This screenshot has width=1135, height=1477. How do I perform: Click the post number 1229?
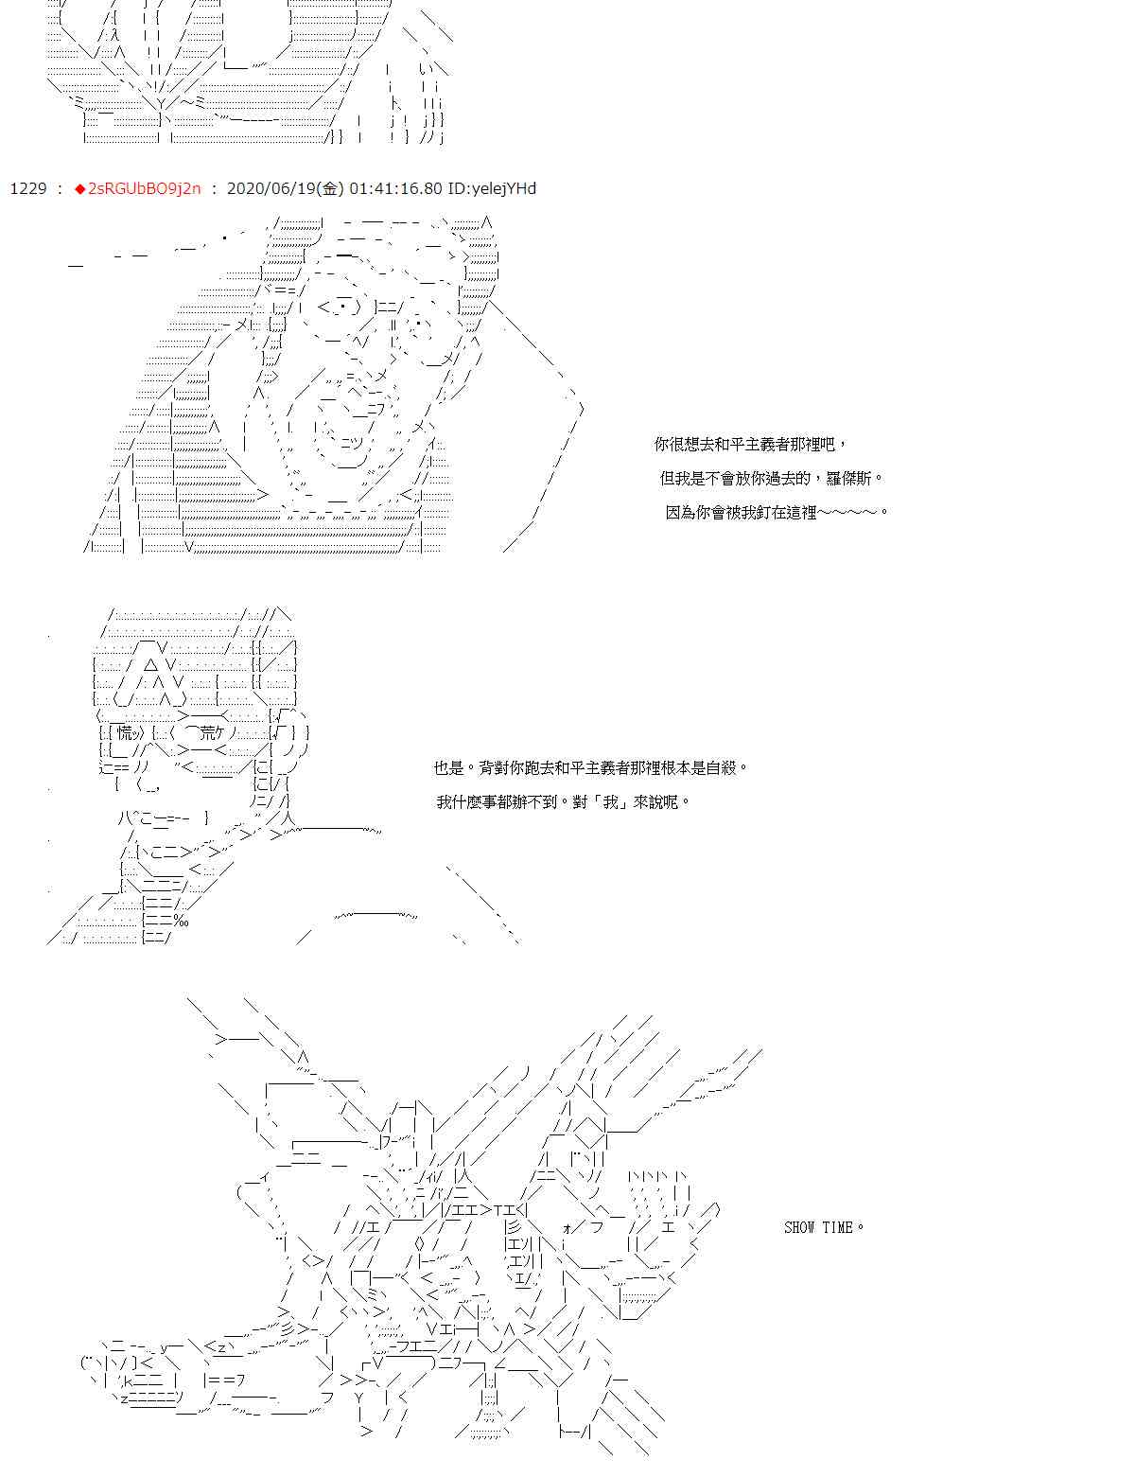[27, 188]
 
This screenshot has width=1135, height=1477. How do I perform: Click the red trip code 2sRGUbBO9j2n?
[144, 188]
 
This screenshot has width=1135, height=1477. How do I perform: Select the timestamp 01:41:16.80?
[395, 188]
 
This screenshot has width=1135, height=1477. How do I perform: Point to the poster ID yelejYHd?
[492, 188]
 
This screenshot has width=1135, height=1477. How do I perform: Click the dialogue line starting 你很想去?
[750, 445]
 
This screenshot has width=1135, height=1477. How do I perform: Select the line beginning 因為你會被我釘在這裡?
[777, 512]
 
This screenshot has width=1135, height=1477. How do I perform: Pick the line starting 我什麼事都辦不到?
[563, 801]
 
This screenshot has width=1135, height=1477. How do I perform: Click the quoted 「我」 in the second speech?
[611, 801]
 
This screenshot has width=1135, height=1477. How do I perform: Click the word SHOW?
[799, 1227]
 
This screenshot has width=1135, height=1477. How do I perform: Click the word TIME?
[837, 1227]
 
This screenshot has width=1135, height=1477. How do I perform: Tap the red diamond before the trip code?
[80, 189]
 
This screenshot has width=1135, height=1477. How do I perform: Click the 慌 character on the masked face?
[126, 732]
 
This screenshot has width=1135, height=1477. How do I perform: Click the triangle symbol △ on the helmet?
[150, 664]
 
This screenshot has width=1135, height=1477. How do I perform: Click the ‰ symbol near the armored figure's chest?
[181, 921]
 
